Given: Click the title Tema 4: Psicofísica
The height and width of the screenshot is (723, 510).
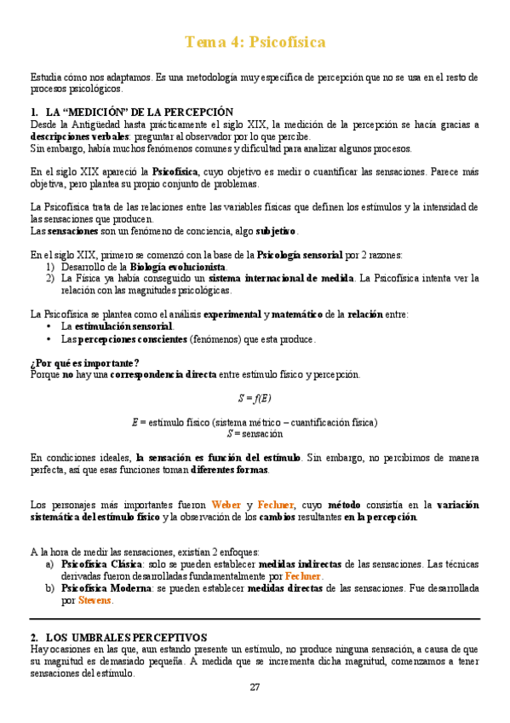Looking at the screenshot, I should point(255,42).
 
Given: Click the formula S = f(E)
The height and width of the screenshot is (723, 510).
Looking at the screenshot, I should point(255,398).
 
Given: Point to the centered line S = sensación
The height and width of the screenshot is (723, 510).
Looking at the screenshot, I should point(255,433).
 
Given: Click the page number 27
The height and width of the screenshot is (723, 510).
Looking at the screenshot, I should point(255,688).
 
